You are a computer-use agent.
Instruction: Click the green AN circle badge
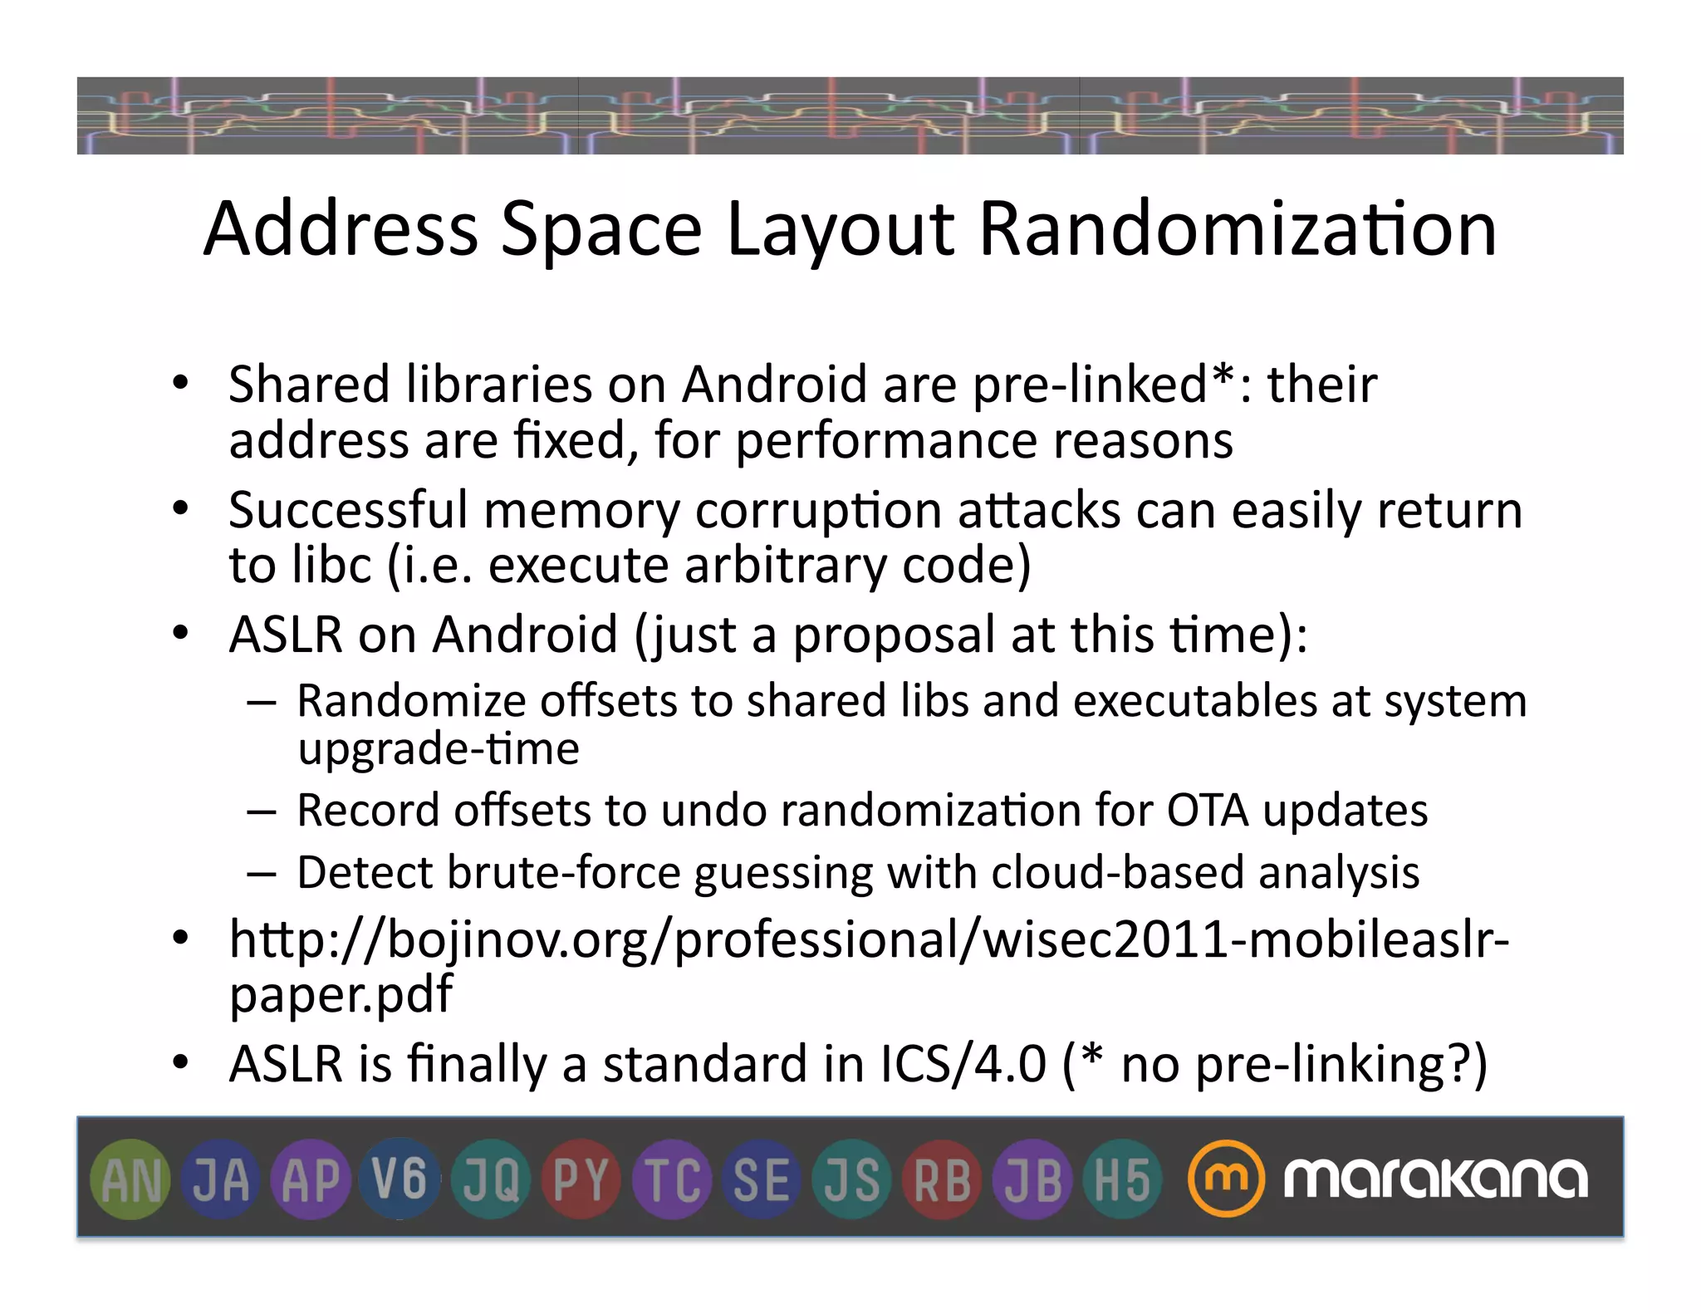pyautogui.click(x=130, y=1179)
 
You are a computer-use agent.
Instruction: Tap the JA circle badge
pyautogui.click(x=221, y=1179)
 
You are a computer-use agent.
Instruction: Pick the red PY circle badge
pyautogui.click(x=581, y=1179)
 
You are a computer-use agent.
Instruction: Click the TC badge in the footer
pyautogui.click(x=672, y=1179)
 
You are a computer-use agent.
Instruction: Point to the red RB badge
pyautogui.click(x=942, y=1179)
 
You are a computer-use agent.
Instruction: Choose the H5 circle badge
pyautogui.click(x=1122, y=1179)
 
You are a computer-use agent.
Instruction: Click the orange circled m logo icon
pyautogui.click(x=1225, y=1179)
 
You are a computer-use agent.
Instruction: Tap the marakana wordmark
pyautogui.click(x=1435, y=1179)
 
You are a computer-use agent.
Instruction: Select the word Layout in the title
pyautogui.click(x=840, y=231)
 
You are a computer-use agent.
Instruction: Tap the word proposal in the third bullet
pyautogui.click(x=894, y=635)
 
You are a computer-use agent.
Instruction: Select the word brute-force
pyautogui.click(x=563, y=873)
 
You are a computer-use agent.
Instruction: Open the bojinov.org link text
pyautogui.click(x=869, y=941)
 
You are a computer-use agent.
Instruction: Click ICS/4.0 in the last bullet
pyautogui.click(x=963, y=1064)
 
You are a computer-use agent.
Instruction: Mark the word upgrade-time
pyautogui.click(x=439, y=750)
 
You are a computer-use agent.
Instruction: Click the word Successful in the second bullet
pyautogui.click(x=348, y=510)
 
